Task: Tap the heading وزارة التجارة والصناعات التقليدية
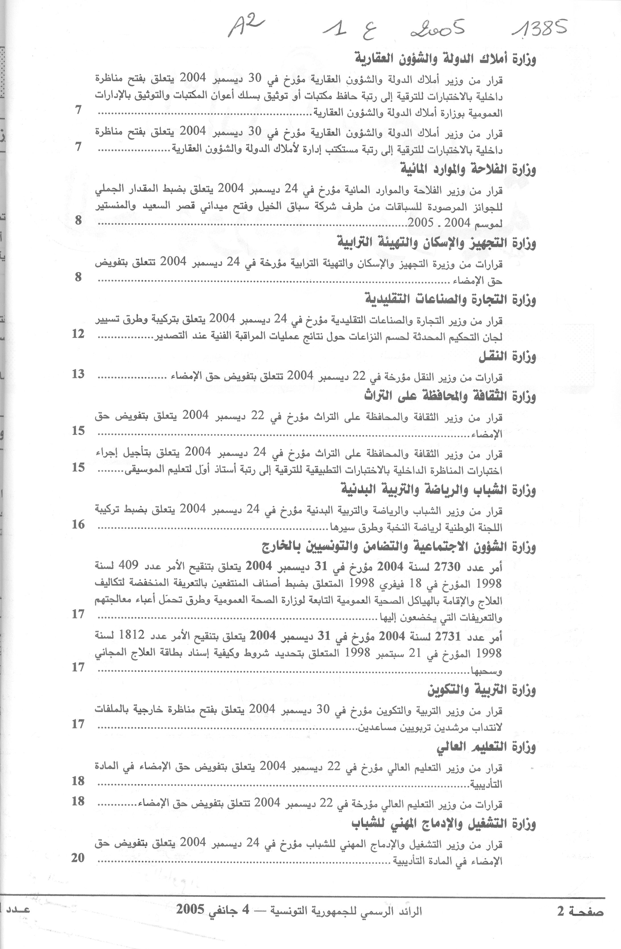coord(451,299)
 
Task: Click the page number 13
coord(78,374)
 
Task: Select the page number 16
coord(78,525)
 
